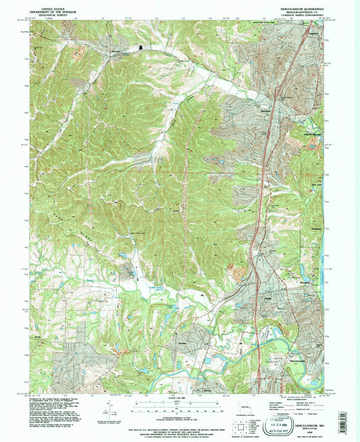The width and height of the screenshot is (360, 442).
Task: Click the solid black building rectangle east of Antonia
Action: point(142,47)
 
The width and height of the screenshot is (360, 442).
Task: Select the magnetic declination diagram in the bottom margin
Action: point(107,409)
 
